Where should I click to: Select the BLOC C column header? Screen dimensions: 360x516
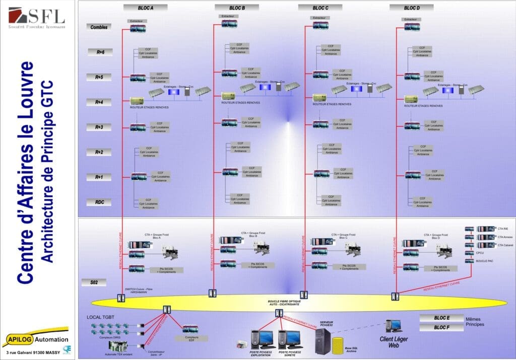pos(320,8)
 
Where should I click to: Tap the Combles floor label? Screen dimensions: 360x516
pos(99,27)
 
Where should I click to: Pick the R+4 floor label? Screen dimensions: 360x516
pos(99,102)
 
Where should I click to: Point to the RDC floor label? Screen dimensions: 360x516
pos(99,202)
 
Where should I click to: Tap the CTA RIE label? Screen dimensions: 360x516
pos(503,229)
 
